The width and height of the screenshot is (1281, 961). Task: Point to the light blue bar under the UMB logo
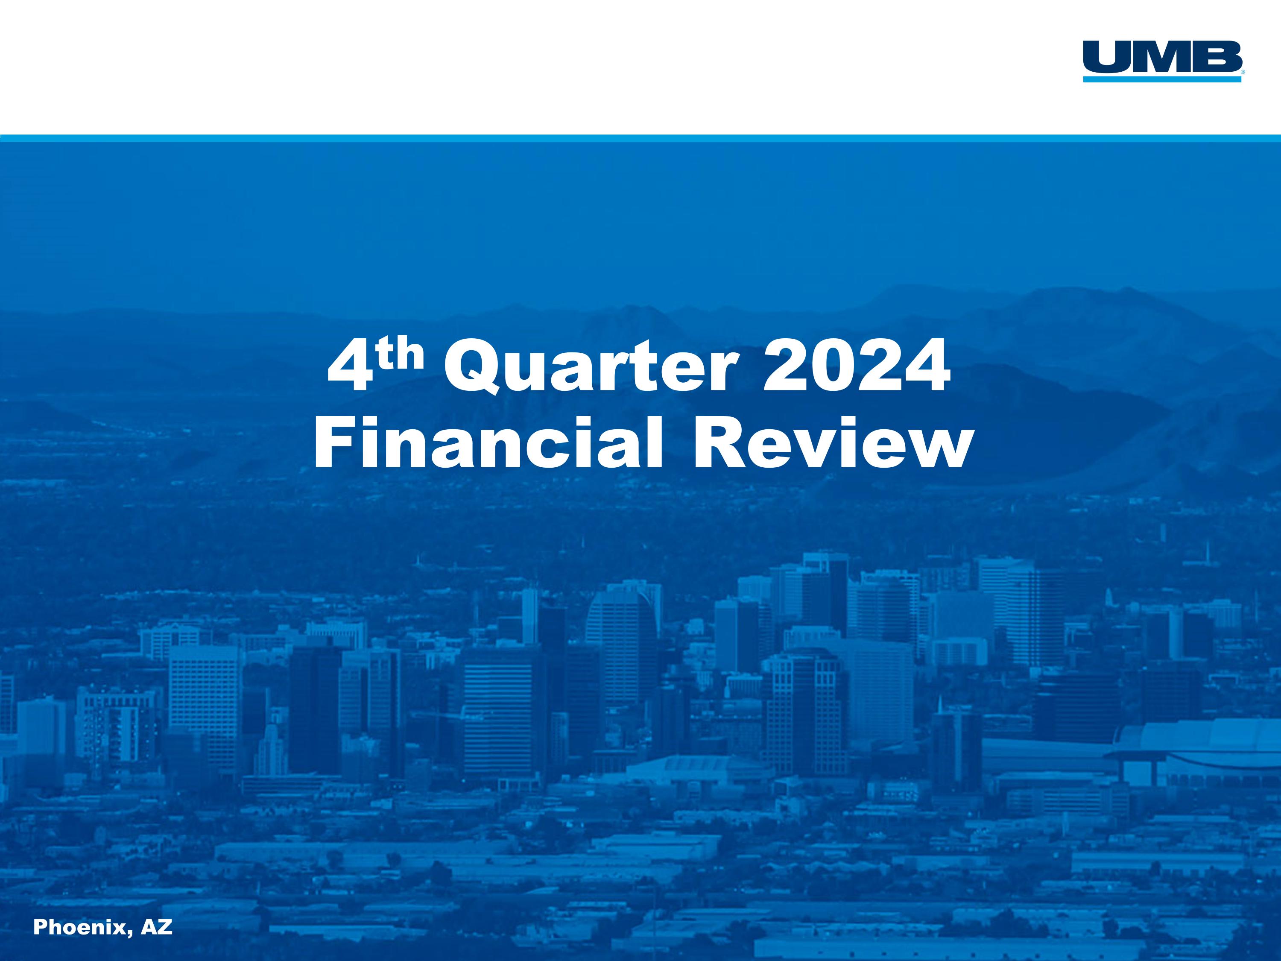pos(1162,79)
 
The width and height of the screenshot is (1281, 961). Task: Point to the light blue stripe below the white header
pos(640,138)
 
